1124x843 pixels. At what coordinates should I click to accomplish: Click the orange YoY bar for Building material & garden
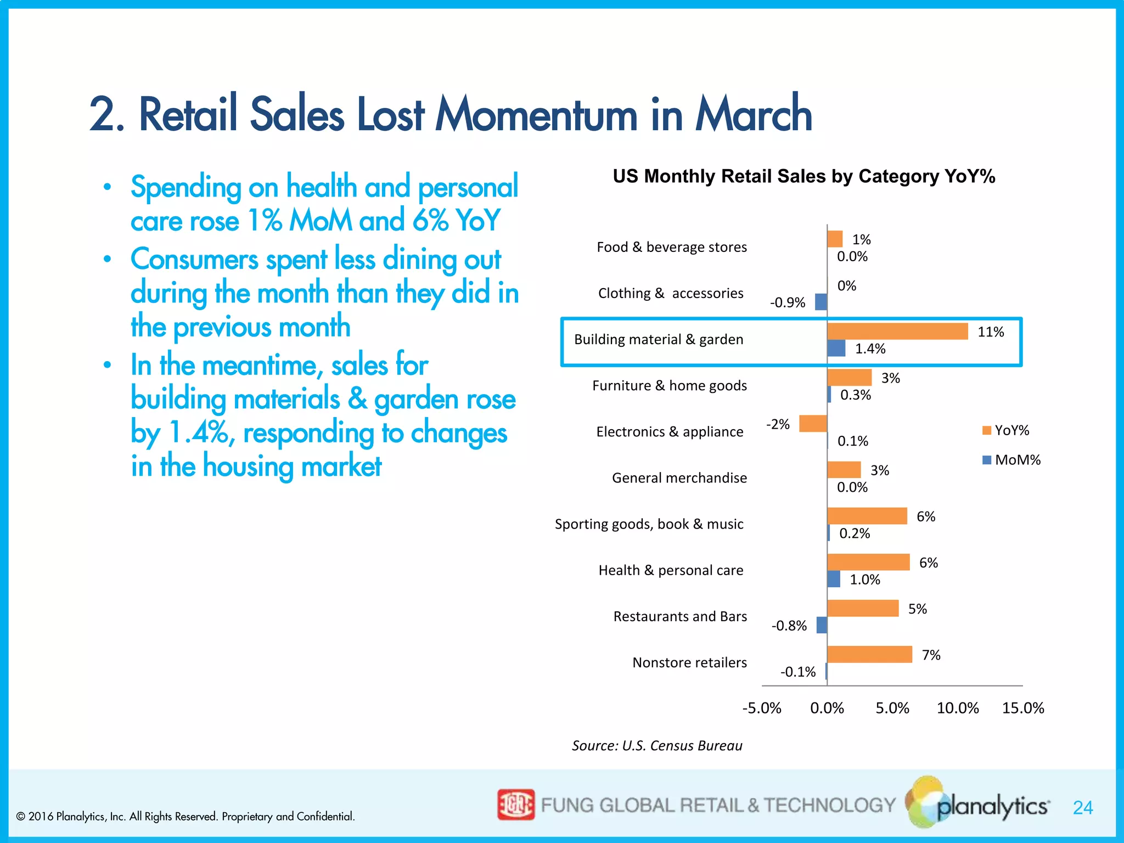pyautogui.click(x=897, y=331)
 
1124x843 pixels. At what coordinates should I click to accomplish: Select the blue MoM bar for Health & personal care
pyautogui.click(x=833, y=579)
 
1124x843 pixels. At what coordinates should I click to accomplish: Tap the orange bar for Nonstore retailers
pyautogui.click(x=869, y=654)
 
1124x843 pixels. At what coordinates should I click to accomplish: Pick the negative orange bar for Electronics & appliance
pyautogui.click(x=813, y=424)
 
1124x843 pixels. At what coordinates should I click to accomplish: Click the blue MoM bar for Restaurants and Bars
pyautogui.click(x=822, y=625)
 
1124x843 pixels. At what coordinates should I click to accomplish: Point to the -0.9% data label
pyautogui.click(x=788, y=302)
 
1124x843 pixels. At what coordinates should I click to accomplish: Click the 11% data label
pyautogui.click(x=991, y=332)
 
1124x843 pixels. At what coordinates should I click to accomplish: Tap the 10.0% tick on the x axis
pyautogui.click(x=958, y=708)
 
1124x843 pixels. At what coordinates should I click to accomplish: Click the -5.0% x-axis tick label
pyautogui.click(x=762, y=708)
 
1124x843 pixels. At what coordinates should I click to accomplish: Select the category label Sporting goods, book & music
pyautogui.click(x=649, y=524)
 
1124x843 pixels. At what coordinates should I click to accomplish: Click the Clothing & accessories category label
pyautogui.click(x=671, y=293)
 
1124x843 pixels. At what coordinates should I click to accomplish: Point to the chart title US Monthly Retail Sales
pyautogui.click(x=803, y=176)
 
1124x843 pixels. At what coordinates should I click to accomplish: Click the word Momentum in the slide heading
pyautogui.click(x=536, y=115)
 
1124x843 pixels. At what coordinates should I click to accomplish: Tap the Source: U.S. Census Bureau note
pyautogui.click(x=657, y=745)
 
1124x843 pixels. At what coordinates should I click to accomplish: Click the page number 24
pyautogui.click(x=1083, y=807)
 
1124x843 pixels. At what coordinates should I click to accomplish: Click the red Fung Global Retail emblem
pyautogui.click(x=515, y=805)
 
